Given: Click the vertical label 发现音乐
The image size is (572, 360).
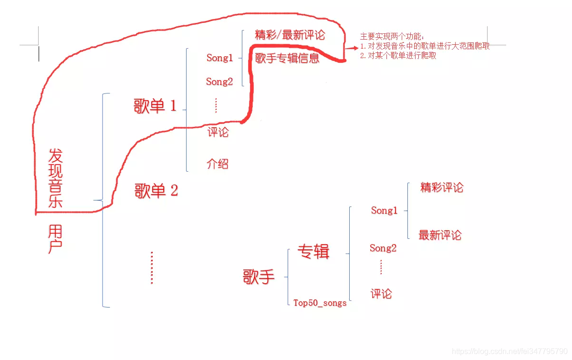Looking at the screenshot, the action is pos(55,178).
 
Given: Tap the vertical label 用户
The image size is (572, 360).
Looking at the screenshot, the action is pos(55,239).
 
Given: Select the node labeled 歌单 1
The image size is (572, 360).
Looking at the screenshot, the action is pos(155,106).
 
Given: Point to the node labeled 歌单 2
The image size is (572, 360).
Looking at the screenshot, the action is pos(156,191).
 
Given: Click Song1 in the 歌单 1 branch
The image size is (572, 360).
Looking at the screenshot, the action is pos(220,58).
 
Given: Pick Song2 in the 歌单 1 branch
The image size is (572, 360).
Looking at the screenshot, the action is pos(219,82).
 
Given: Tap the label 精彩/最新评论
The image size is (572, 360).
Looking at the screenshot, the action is pos(290,35).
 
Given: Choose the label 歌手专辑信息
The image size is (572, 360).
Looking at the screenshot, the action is pos(287,59).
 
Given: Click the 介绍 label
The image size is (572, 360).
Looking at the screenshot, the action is pos(218,164).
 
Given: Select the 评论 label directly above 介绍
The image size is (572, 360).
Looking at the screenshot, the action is pos(218,132).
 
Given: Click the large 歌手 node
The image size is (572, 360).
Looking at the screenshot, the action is pos(259,277).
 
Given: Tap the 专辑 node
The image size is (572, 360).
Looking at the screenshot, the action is pos(313,251).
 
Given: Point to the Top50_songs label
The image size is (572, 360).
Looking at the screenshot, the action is pos(320,303).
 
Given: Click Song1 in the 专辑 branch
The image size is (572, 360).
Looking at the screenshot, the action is pos(384,210).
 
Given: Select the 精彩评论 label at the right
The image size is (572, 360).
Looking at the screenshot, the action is pos(441,187).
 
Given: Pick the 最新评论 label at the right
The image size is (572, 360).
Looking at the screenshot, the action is pos(440,235).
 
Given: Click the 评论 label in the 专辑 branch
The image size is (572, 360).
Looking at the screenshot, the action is pos(381,294).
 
